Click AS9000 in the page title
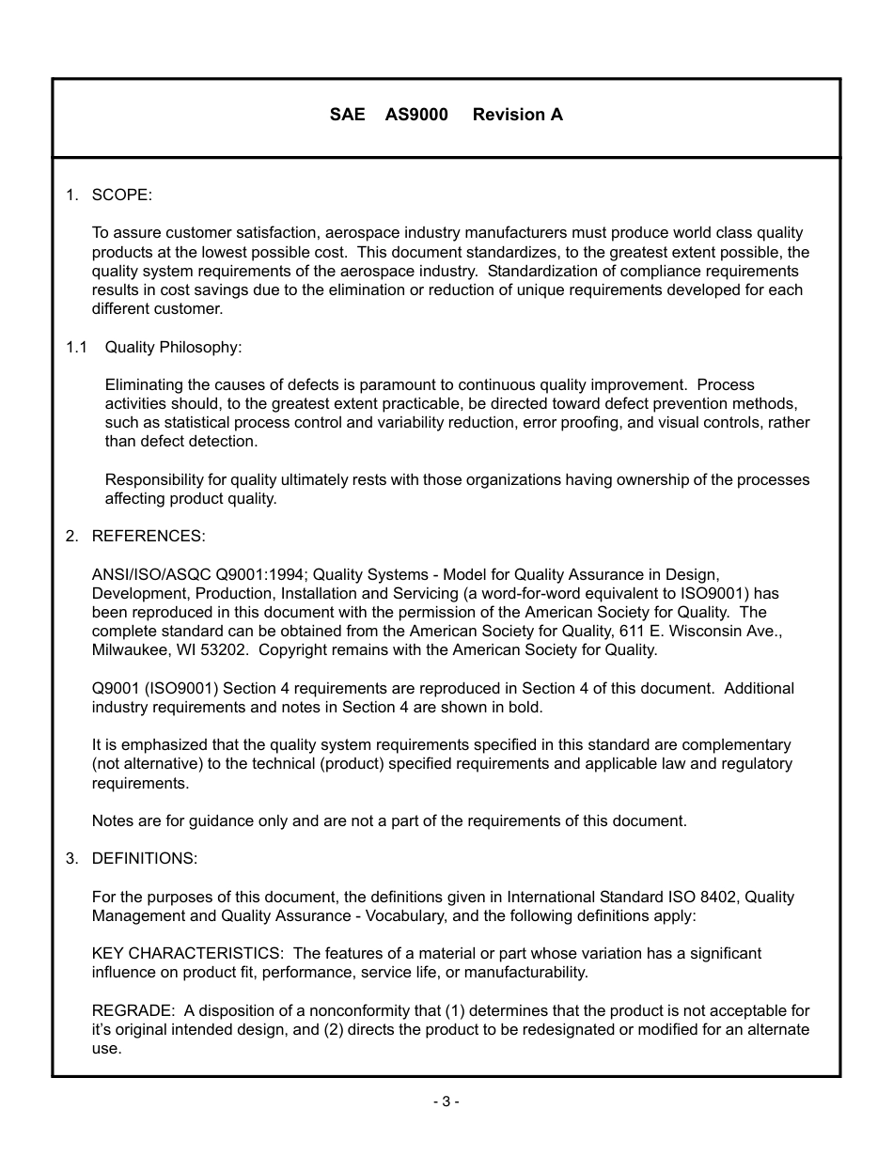(x=416, y=115)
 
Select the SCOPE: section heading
(x=121, y=195)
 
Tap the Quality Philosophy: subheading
(x=173, y=347)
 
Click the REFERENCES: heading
(x=148, y=537)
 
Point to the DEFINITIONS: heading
(x=144, y=859)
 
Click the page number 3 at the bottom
(x=446, y=1101)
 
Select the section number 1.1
(x=76, y=347)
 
